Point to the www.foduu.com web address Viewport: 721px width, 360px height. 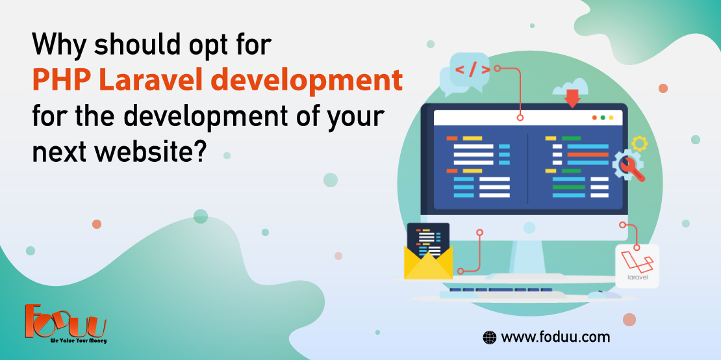point(555,337)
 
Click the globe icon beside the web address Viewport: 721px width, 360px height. point(489,337)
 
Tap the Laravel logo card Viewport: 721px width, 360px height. point(637,266)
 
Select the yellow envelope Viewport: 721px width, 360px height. point(428,259)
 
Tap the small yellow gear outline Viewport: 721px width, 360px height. point(639,143)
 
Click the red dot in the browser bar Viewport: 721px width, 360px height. point(593,118)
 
